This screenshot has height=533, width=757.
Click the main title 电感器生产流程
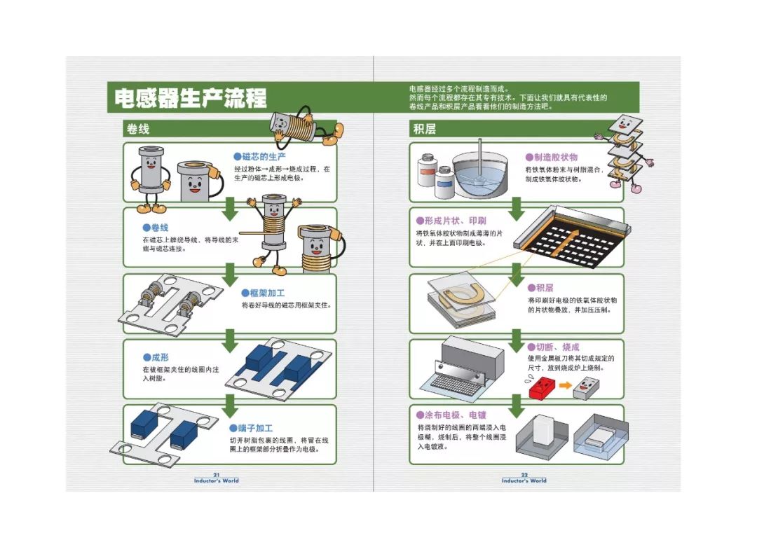click(x=190, y=98)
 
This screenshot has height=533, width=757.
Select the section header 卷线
click(x=138, y=129)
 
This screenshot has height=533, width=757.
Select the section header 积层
click(x=424, y=129)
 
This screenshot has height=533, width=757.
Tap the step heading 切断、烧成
click(x=553, y=347)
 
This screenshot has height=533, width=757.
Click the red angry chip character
click(x=542, y=387)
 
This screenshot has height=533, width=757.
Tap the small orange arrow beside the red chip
click(x=565, y=385)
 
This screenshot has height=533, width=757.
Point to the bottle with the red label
click(x=427, y=170)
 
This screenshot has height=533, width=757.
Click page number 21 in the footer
click(x=217, y=475)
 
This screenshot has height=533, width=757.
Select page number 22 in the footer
click(x=524, y=475)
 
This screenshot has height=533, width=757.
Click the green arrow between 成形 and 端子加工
click(x=230, y=406)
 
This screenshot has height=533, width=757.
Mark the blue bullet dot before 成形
click(x=146, y=357)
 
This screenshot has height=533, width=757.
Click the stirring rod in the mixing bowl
click(x=479, y=158)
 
